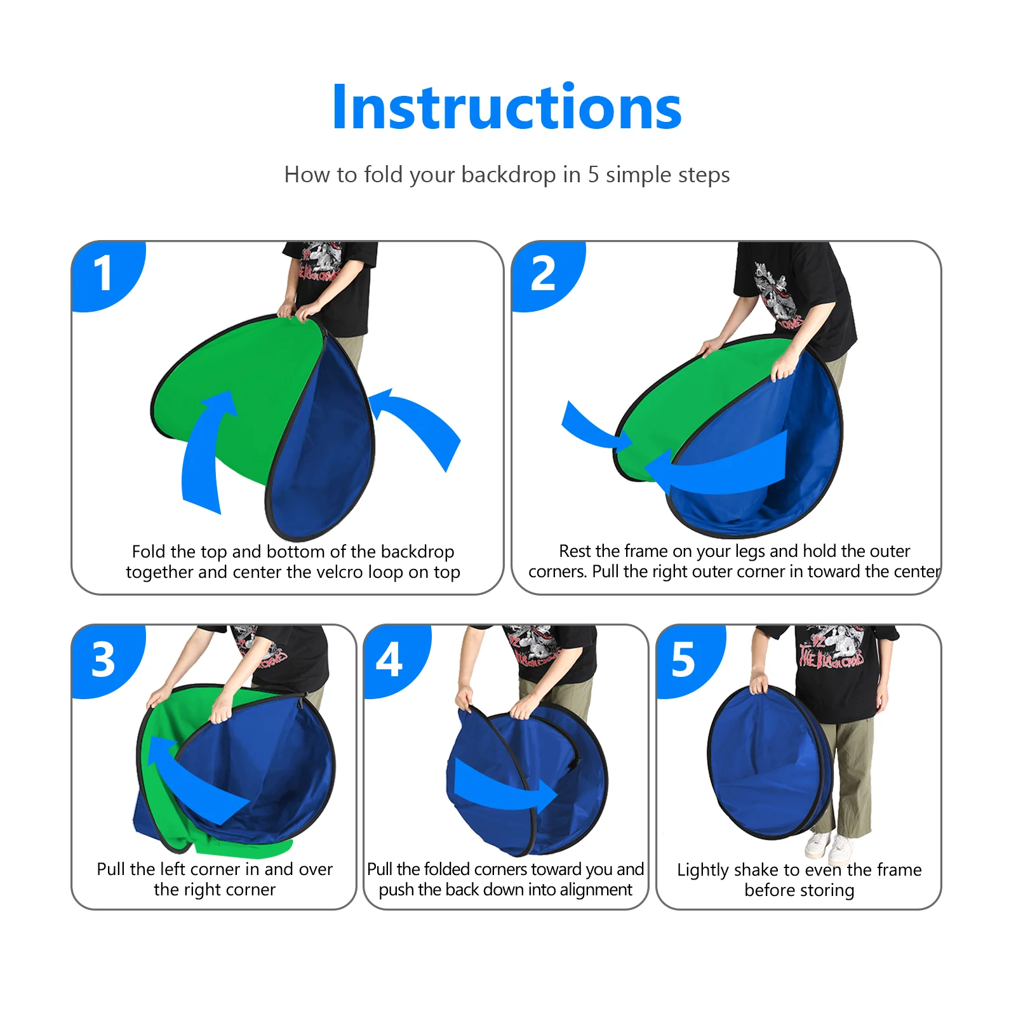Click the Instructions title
tap(507, 107)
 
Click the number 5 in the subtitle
tap(593, 175)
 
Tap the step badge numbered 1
tap(104, 274)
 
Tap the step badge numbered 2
tap(544, 274)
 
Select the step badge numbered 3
tap(104, 660)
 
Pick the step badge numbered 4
tap(389, 660)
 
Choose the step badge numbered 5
tap(683, 660)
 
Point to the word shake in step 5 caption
tap(752, 870)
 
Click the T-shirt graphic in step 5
tap(832, 648)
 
